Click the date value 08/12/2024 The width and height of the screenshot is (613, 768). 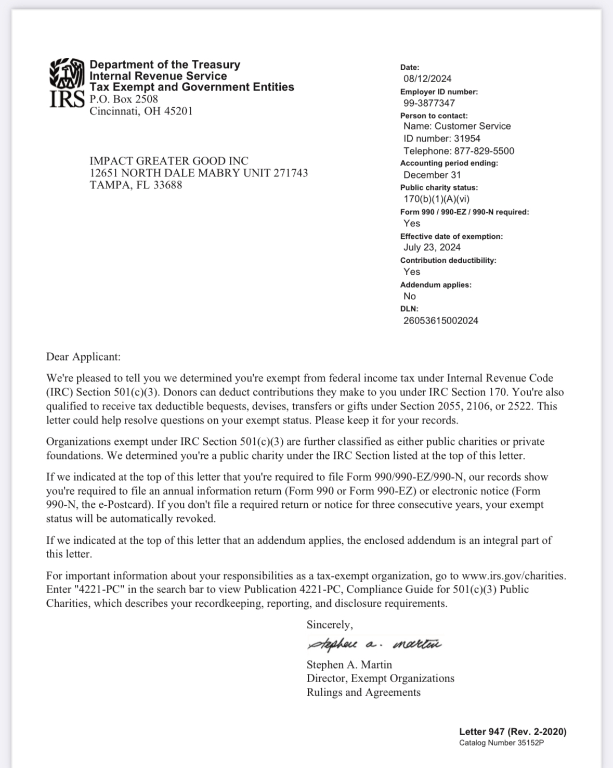tap(427, 79)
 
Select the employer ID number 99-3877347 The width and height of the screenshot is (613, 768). tap(429, 103)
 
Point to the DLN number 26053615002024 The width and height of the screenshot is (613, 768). tap(440, 321)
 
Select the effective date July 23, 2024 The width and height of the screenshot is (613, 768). tap(432, 247)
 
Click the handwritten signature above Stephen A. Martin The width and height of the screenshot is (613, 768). tap(374, 645)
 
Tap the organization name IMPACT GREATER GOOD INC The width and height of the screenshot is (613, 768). tap(169, 161)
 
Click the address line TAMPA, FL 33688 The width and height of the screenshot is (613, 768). tap(136, 185)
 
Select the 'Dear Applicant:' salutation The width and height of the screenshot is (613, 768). tap(83, 356)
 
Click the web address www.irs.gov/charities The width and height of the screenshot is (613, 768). tap(513, 575)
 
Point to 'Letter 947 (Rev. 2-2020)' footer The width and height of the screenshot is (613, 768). tap(512, 731)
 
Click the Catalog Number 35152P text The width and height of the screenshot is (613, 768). tap(501, 743)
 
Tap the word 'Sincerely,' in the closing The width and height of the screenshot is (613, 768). tap(330, 624)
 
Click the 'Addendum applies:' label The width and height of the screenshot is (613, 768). tap(436, 285)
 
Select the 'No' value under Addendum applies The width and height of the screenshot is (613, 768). tap(410, 296)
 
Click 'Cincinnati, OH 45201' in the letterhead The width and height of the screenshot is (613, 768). tap(141, 111)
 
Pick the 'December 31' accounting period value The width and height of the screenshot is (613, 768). tap(432, 175)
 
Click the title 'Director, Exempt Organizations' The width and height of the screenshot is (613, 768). tap(380, 678)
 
